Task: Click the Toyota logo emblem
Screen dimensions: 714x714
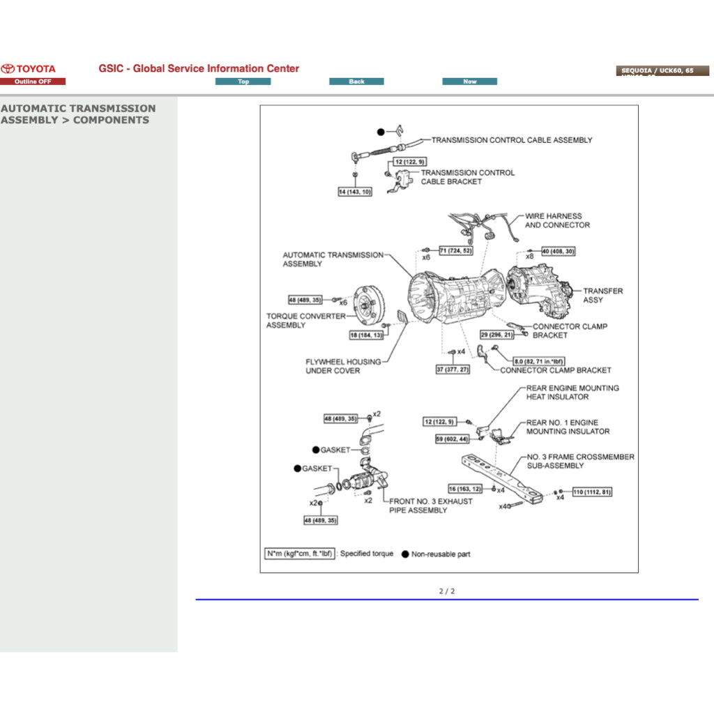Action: coord(8,69)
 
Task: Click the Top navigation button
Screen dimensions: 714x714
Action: coord(243,82)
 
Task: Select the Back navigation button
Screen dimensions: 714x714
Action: coord(356,82)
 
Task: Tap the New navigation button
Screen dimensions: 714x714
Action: coord(469,82)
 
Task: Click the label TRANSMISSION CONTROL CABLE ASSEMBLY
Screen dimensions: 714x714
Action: coord(512,140)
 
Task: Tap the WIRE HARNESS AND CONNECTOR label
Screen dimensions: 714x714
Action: coord(556,220)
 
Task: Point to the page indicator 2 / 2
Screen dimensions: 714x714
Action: coord(447,591)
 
